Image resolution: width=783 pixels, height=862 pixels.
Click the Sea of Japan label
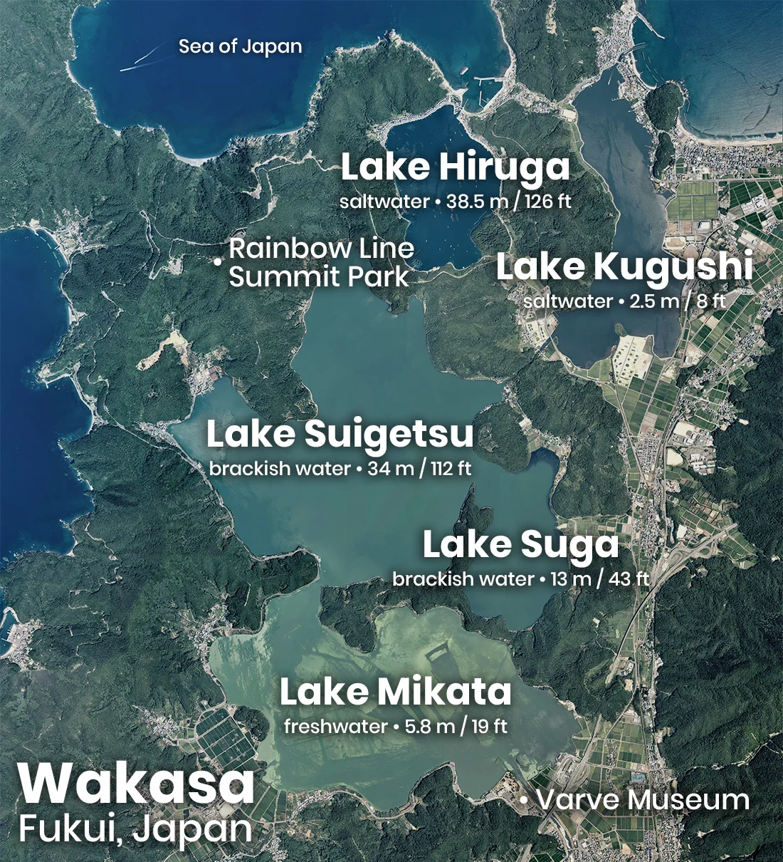pyautogui.click(x=240, y=47)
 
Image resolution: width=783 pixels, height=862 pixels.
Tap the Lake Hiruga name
pyautogui.click(x=455, y=167)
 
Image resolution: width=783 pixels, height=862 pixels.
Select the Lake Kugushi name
pyautogui.click(x=624, y=267)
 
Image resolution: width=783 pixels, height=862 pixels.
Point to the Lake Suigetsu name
pyautogui.click(x=340, y=435)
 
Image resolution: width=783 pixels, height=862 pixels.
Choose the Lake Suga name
pyautogui.click(x=520, y=545)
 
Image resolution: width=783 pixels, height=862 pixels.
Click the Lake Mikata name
pyautogui.click(x=395, y=692)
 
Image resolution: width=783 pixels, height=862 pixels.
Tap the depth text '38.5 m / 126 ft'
pyautogui.click(x=509, y=202)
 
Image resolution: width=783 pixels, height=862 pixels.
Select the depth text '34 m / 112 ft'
pyautogui.click(x=419, y=469)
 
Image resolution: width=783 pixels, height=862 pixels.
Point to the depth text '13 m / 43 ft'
pyautogui.click(x=599, y=579)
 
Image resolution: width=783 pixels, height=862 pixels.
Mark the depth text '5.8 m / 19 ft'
pyautogui.click(x=456, y=727)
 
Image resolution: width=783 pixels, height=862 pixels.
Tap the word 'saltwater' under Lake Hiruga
pyautogui.click(x=384, y=202)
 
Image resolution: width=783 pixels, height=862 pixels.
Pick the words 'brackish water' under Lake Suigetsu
pyautogui.click(x=280, y=469)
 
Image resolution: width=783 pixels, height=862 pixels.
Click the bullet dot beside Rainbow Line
pyautogui.click(x=217, y=263)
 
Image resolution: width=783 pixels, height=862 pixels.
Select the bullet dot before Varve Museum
pyautogui.click(x=524, y=801)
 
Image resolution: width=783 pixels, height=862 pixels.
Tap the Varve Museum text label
pyautogui.click(x=643, y=800)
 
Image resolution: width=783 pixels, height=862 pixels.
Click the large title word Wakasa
pyautogui.click(x=137, y=784)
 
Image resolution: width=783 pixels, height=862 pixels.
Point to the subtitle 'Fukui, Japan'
pyautogui.click(x=135, y=829)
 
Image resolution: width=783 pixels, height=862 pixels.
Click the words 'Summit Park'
pyautogui.click(x=319, y=276)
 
